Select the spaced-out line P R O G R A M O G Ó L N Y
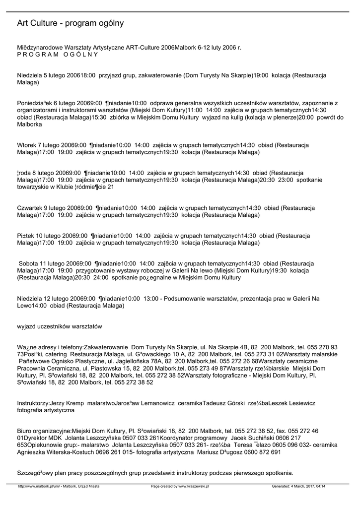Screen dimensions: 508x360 coord(58,55)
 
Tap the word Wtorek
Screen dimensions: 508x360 coord(27,145)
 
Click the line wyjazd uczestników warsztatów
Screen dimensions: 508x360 coord(59,326)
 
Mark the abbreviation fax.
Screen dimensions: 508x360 coord(280,431)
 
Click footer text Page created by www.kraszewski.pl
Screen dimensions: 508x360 coord(180,487)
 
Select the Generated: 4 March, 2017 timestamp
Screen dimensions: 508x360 coord(298,487)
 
